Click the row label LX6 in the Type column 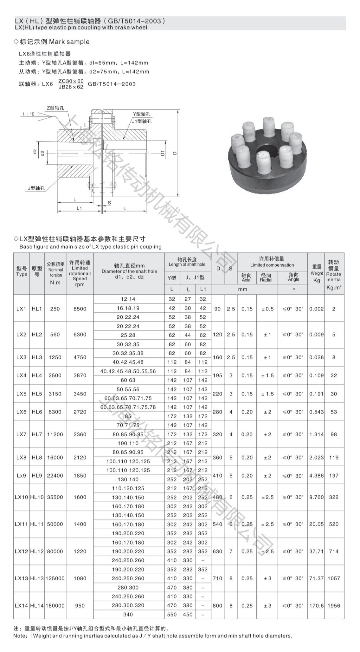pyautogui.click(x=21, y=412)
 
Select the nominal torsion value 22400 pyautogui.click(x=55, y=475)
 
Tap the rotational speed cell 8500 pyautogui.click(x=80, y=309)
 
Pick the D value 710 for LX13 pyautogui.click(x=217, y=578)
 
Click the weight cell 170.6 pyautogui.click(x=316, y=605)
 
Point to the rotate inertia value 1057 pyautogui.click(x=334, y=578)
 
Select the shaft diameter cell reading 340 pyautogui.click(x=128, y=614)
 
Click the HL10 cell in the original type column pyautogui.click(x=37, y=497)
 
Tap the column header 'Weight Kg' pyautogui.click(x=316, y=273)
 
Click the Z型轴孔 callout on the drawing pyautogui.click(x=55, y=108)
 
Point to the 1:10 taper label pyautogui.click(x=29, y=114)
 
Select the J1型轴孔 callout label pyautogui.click(x=142, y=121)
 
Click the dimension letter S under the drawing pyautogui.click(x=109, y=202)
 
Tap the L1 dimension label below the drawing pyautogui.click(x=79, y=208)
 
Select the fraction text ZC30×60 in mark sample pyautogui.click(x=71, y=81)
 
